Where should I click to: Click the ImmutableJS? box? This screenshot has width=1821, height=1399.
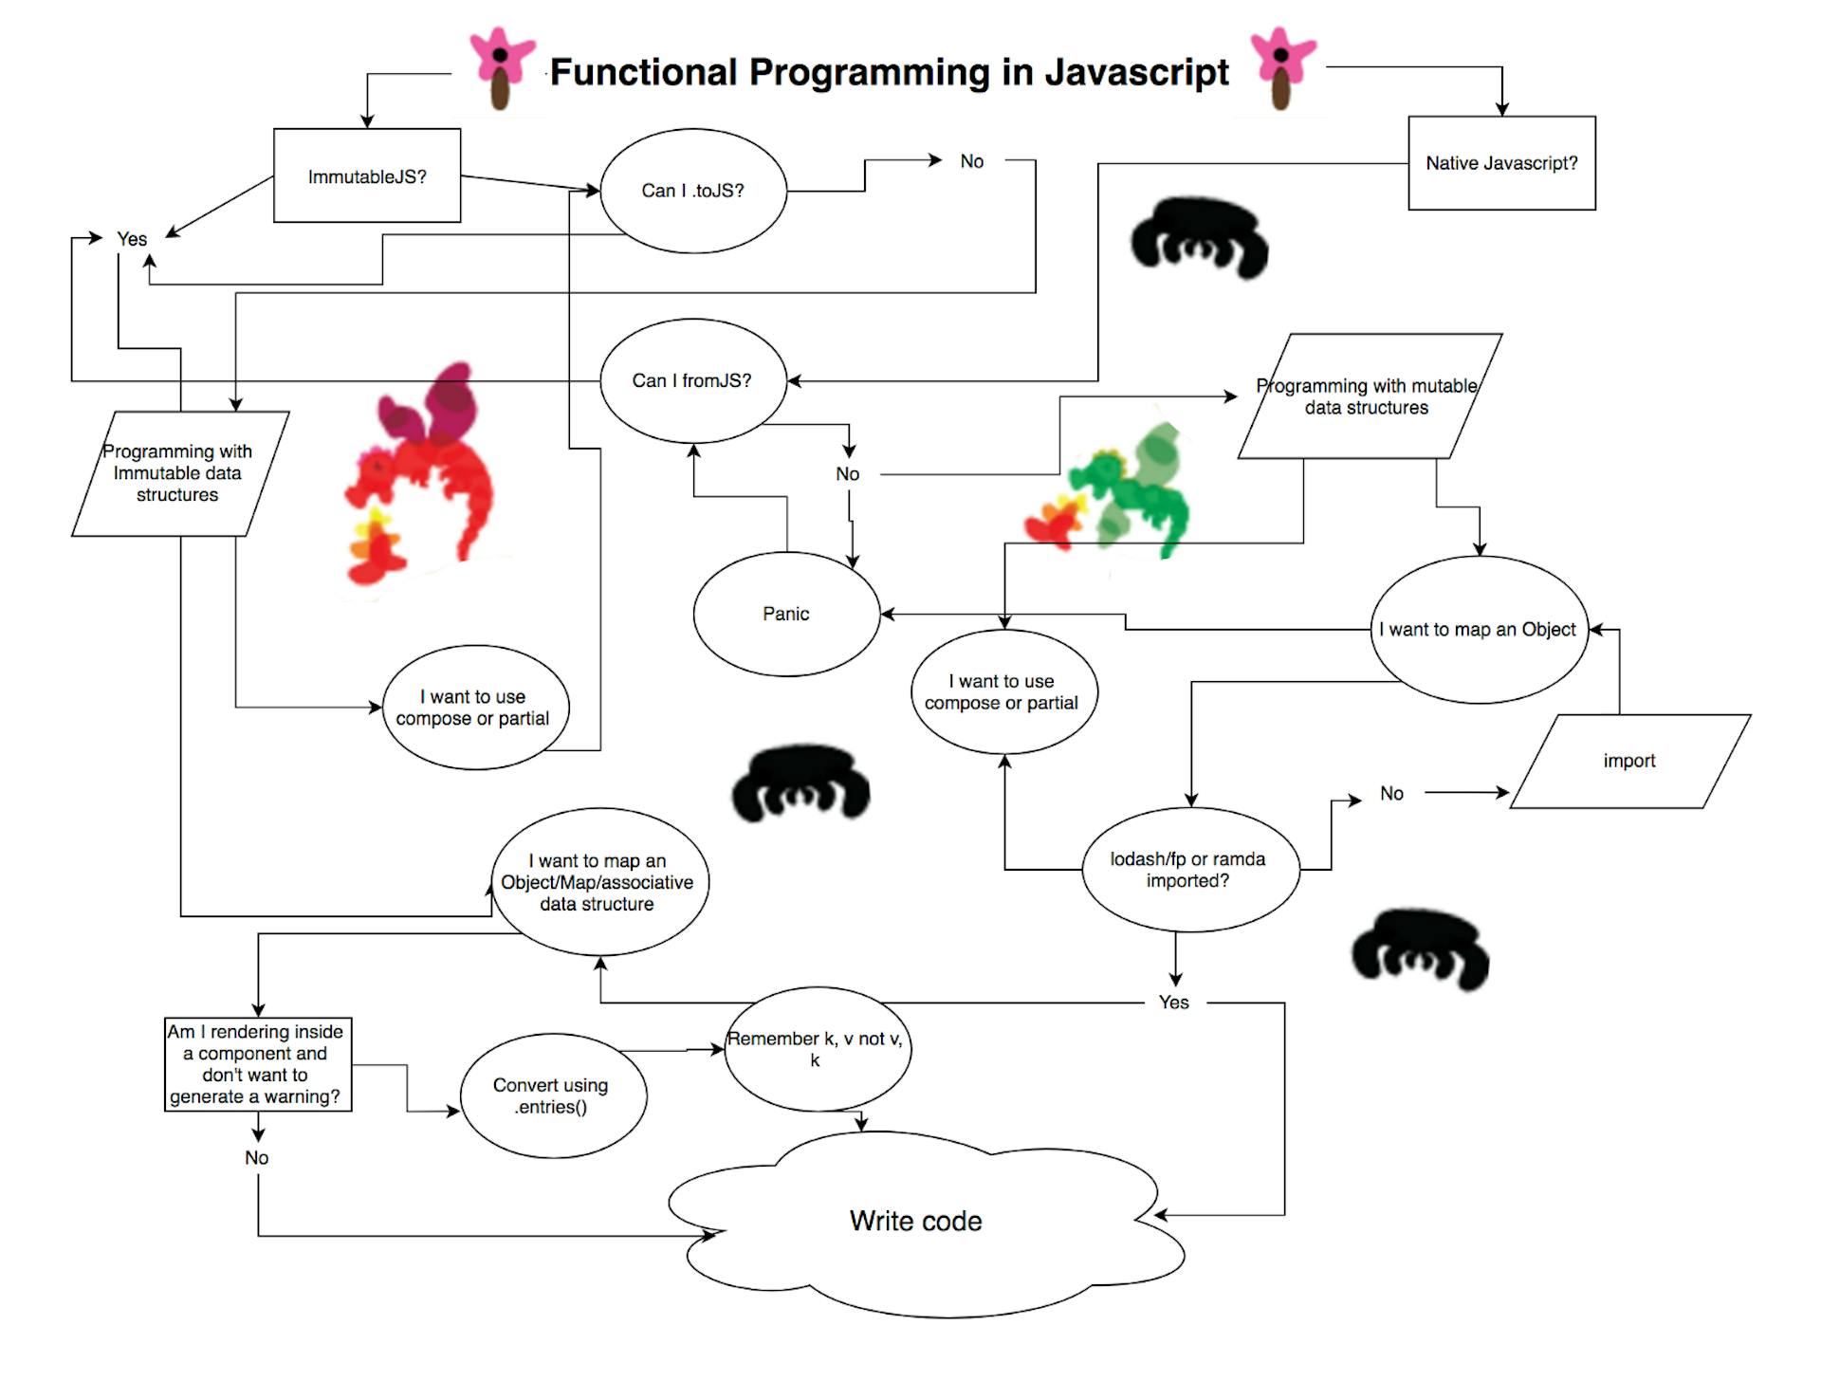coord(367,175)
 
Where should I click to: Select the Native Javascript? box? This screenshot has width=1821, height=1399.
coord(1501,163)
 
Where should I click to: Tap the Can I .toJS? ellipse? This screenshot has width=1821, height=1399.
coord(693,191)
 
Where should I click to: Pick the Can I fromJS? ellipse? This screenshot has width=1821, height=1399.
coord(693,380)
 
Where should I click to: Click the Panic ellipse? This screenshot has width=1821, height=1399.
coord(786,614)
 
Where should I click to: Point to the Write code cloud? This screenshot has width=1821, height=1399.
coord(916,1221)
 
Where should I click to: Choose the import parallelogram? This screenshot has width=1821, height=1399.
coord(1629,761)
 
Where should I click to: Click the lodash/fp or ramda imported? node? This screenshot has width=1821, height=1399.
coord(1188,870)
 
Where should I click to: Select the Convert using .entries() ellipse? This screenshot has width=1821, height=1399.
coord(552,1095)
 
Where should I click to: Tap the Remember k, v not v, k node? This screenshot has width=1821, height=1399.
coord(816,1049)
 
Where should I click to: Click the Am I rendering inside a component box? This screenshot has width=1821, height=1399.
coord(257,1064)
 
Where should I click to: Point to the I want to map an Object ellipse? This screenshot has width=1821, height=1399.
coord(1479,630)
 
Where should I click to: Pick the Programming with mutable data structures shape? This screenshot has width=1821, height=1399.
coord(1369,396)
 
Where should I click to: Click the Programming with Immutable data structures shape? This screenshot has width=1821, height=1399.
coord(178,473)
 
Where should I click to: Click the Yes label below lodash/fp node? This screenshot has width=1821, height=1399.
coord(1173,1003)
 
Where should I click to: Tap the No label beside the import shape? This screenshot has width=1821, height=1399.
coord(1391,794)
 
